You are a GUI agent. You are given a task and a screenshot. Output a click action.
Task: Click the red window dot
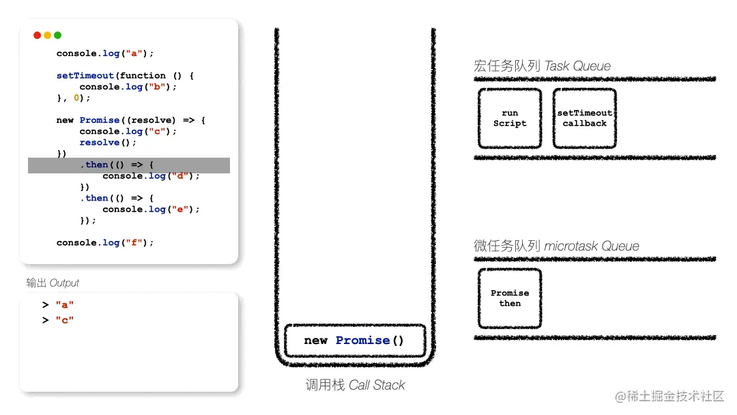click(x=37, y=35)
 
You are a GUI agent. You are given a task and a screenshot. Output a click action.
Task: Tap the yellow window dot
click(x=47, y=35)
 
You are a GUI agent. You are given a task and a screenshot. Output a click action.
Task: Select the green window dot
click(x=57, y=35)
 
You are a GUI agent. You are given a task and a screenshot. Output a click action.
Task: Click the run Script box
click(x=510, y=118)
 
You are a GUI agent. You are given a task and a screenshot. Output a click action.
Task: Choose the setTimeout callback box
click(x=584, y=118)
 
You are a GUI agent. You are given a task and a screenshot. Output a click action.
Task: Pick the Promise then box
click(x=510, y=298)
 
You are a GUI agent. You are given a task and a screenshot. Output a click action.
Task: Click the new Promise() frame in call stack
click(x=354, y=341)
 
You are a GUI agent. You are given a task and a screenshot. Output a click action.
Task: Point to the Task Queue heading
click(x=542, y=66)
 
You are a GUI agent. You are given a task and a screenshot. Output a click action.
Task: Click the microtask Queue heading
click(x=556, y=246)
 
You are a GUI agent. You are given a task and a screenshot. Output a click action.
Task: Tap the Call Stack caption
click(x=355, y=386)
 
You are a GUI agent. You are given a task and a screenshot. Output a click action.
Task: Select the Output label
click(x=53, y=283)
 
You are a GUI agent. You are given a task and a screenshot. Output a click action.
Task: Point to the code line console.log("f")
click(x=105, y=242)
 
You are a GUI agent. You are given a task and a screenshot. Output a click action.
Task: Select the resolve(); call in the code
click(x=108, y=143)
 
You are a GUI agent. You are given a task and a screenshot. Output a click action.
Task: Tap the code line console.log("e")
click(x=151, y=210)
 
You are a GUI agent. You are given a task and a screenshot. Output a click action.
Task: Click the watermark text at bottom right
click(x=669, y=397)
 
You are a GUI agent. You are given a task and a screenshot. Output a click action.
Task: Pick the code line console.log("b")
click(x=128, y=87)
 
